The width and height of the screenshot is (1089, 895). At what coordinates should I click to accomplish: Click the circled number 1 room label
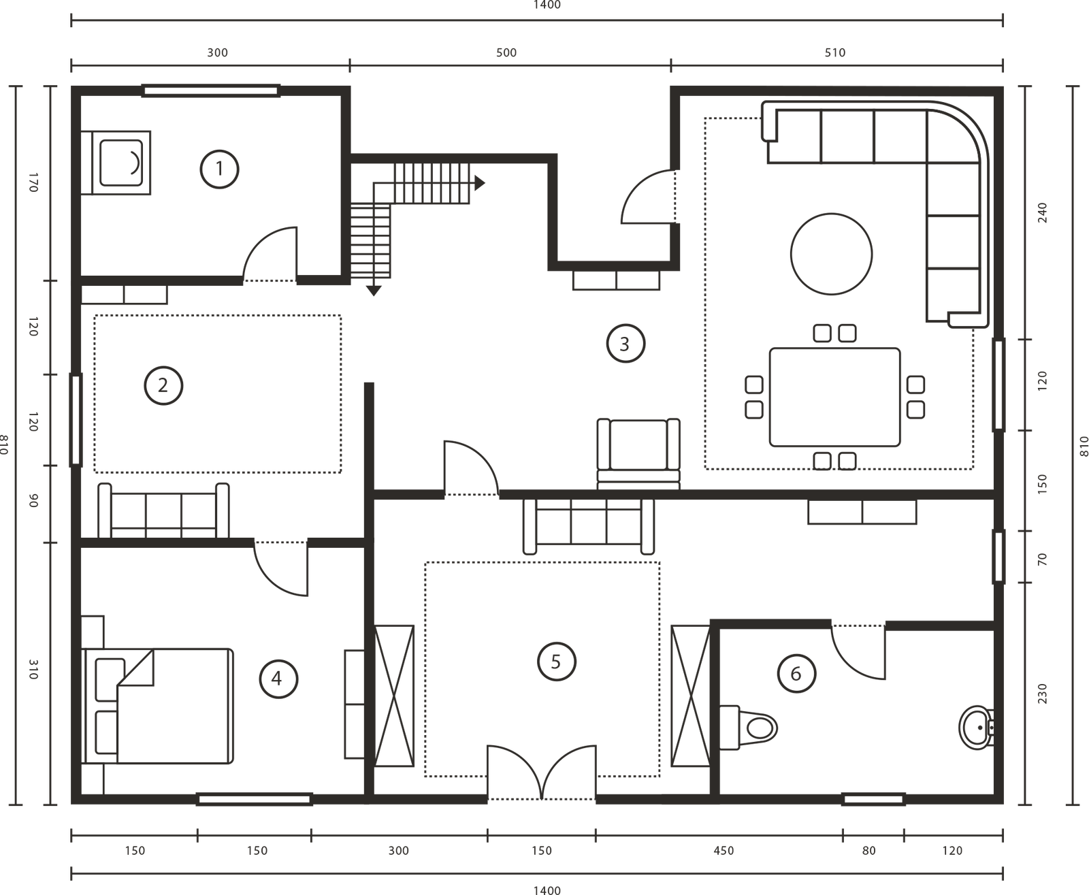click(219, 169)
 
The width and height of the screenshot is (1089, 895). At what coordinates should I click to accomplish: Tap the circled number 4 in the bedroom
click(278, 679)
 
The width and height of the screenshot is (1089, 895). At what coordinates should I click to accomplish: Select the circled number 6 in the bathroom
click(797, 673)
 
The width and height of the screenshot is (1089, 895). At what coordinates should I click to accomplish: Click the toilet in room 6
click(748, 728)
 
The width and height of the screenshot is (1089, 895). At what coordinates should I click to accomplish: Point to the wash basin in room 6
click(977, 728)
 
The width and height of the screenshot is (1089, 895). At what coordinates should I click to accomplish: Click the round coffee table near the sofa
click(831, 254)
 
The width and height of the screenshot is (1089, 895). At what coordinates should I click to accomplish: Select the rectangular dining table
click(835, 397)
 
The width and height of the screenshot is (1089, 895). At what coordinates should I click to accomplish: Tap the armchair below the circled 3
click(638, 454)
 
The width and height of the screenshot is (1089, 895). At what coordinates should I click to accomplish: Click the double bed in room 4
click(157, 706)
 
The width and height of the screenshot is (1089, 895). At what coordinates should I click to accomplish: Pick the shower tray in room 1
click(116, 163)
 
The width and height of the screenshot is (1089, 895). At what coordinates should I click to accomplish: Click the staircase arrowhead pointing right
click(480, 183)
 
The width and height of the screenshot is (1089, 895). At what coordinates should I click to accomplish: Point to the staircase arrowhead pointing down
click(374, 291)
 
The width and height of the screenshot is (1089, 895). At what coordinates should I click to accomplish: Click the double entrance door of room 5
click(542, 772)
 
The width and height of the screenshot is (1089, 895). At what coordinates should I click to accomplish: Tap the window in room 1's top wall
click(211, 91)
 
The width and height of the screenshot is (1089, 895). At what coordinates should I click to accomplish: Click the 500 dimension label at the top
click(506, 52)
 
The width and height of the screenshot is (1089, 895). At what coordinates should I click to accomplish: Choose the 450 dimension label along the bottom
click(724, 851)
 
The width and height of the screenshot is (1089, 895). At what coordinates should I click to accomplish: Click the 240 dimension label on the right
click(1043, 213)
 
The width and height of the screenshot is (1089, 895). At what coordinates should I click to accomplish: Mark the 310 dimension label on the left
click(33, 669)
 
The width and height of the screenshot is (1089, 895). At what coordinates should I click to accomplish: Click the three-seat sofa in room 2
click(163, 511)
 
